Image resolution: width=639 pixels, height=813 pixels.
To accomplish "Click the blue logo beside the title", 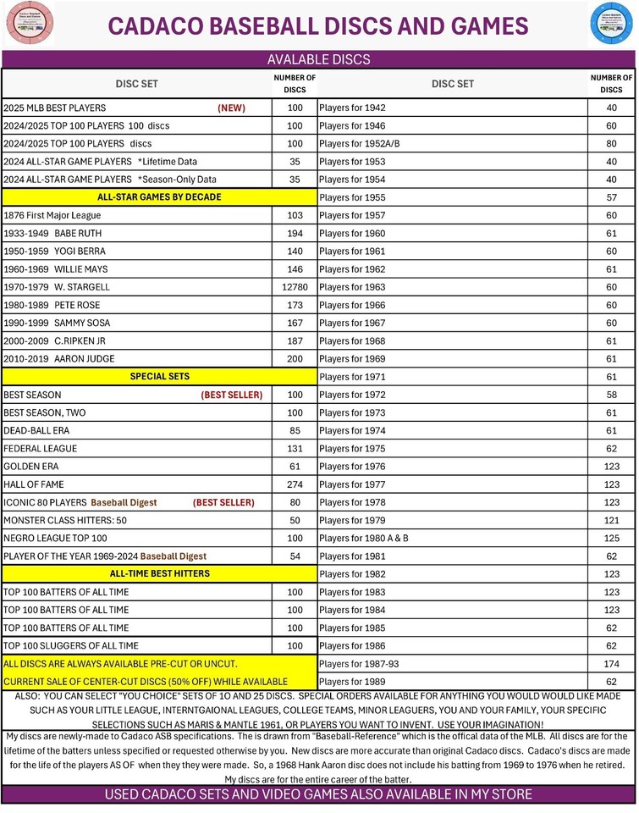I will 611,25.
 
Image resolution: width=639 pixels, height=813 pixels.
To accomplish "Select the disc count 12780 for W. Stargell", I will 295,287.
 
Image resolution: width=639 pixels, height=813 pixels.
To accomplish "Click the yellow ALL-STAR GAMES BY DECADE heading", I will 159,197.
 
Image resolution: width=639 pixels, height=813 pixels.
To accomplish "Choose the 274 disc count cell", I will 295,484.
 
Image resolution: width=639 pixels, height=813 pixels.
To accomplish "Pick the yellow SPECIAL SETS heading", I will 159,376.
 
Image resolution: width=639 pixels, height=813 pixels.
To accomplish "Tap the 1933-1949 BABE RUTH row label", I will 52,233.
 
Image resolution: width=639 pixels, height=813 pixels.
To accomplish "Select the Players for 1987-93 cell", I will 359,663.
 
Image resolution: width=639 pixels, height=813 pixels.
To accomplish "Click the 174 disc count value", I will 611,663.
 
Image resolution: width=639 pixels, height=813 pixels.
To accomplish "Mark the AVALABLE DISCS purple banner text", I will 318,59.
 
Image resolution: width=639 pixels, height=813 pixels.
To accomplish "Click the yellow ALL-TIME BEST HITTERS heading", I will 159,573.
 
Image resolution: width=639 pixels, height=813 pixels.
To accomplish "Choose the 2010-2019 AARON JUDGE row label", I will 55,358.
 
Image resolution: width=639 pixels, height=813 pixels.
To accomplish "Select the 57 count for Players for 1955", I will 611,197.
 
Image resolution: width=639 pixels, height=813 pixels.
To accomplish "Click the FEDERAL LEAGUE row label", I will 40,449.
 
